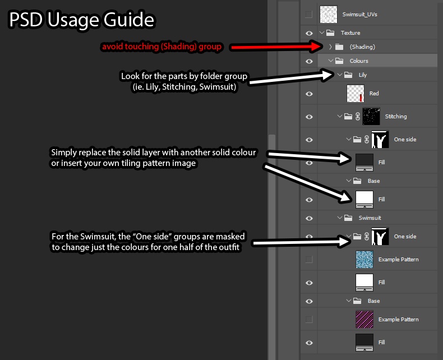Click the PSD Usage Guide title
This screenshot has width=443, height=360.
[82, 20]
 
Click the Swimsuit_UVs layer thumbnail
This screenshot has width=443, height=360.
[328, 14]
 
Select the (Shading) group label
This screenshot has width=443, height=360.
[362, 47]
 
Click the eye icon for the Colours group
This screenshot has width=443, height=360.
[309, 61]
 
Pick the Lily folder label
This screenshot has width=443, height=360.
[362, 75]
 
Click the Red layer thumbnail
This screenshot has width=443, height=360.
[355, 94]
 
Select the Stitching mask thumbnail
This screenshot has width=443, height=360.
[371, 117]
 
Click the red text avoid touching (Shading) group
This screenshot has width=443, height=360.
[161, 47]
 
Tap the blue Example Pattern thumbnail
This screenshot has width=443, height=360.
[364, 260]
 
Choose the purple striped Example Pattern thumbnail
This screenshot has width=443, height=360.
[364, 319]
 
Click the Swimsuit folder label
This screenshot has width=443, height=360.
[370, 218]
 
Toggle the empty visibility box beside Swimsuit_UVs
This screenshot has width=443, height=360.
[309, 14]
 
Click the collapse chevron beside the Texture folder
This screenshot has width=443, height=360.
[321, 33]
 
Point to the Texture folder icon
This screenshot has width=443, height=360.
[330, 33]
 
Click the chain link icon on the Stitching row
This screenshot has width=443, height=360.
[358, 117]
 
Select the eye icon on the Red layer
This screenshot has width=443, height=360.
[309, 94]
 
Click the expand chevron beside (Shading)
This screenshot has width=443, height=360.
[330, 47]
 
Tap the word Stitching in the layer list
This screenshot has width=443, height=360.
[396, 117]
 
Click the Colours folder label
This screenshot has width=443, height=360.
[359, 61]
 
